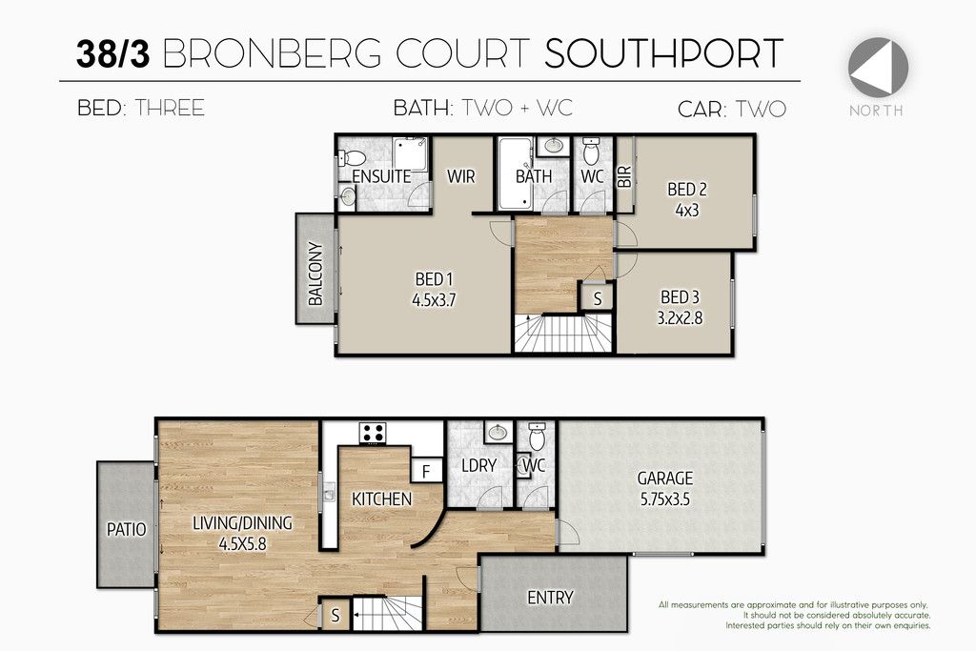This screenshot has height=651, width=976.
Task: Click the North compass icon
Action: [x=878, y=67]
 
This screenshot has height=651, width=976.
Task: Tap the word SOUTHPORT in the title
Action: [x=663, y=53]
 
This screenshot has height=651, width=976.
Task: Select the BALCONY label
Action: [x=315, y=274]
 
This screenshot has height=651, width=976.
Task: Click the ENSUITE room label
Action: [x=381, y=176]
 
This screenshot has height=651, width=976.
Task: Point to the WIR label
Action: [x=460, y=176]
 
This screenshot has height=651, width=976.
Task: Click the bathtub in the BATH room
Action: [x=515, y=173]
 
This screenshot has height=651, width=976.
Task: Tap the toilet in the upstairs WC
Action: [x=591, y=152]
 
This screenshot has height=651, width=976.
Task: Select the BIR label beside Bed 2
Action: [x=624, y=176]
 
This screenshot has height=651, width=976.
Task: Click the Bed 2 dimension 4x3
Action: [x=686, y=211]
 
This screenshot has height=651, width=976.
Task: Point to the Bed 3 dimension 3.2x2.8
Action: [x=680, y=318]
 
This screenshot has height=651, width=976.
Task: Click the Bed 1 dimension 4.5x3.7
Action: [x=434, y=300]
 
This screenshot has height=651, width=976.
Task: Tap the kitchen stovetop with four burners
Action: [x=373, y=433]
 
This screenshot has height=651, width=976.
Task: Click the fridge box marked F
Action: [x=426, y=471]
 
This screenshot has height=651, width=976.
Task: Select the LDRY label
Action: [x=478, y=465]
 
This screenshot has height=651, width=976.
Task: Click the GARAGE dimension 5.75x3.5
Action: [x=664, y=499]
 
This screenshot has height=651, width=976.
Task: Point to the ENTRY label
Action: [x=550, y=598]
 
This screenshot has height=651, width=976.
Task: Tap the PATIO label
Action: [x=127, y=530]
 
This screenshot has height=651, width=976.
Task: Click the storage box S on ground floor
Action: [x=335, y=616]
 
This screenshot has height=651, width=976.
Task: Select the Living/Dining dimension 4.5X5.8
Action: [x=242, y=544]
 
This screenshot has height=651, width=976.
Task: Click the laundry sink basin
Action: [x=498, y=433]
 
